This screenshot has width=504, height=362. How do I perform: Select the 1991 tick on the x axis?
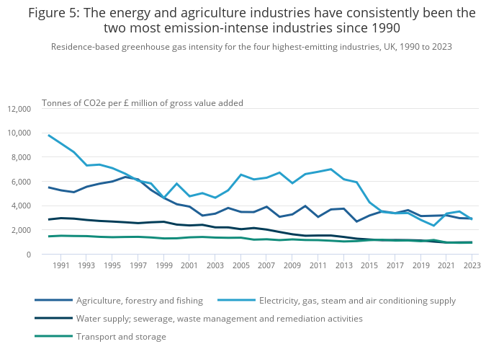click(62, 265)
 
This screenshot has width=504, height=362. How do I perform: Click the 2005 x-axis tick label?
click(241, 265)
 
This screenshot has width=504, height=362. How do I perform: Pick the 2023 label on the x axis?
click(472, 265)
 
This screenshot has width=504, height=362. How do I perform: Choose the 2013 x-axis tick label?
click(343, 265)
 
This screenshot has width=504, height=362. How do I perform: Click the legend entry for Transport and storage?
click(121, 337)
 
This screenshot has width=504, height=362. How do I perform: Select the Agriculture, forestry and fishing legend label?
click(150, 301)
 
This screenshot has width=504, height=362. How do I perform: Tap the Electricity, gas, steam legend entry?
click(357, 301)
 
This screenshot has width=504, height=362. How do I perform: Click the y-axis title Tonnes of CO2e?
click(143, 102)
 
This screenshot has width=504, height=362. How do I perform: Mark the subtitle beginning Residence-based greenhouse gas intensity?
click(251, 47)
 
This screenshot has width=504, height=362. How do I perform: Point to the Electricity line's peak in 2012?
click(330, 169)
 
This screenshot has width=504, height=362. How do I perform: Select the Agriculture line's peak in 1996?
click(126, 177)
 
